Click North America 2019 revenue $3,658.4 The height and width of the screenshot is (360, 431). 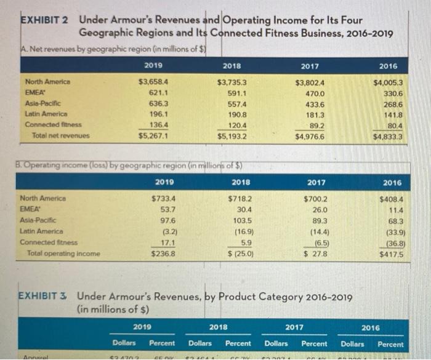pyautogui.click(x=154, y=81)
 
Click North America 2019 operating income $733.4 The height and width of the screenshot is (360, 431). pyautogui.click(x=163, y=198)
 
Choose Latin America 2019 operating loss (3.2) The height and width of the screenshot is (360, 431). pyautogui.click(x=166, y=231)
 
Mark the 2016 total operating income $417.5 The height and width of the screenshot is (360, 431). pyautogui.click(x=390, y=253)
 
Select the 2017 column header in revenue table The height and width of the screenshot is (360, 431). pyautogui.click(x=310, y=65)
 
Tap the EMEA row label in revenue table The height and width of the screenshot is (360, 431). pyautogui.click(x=34, y=91)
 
